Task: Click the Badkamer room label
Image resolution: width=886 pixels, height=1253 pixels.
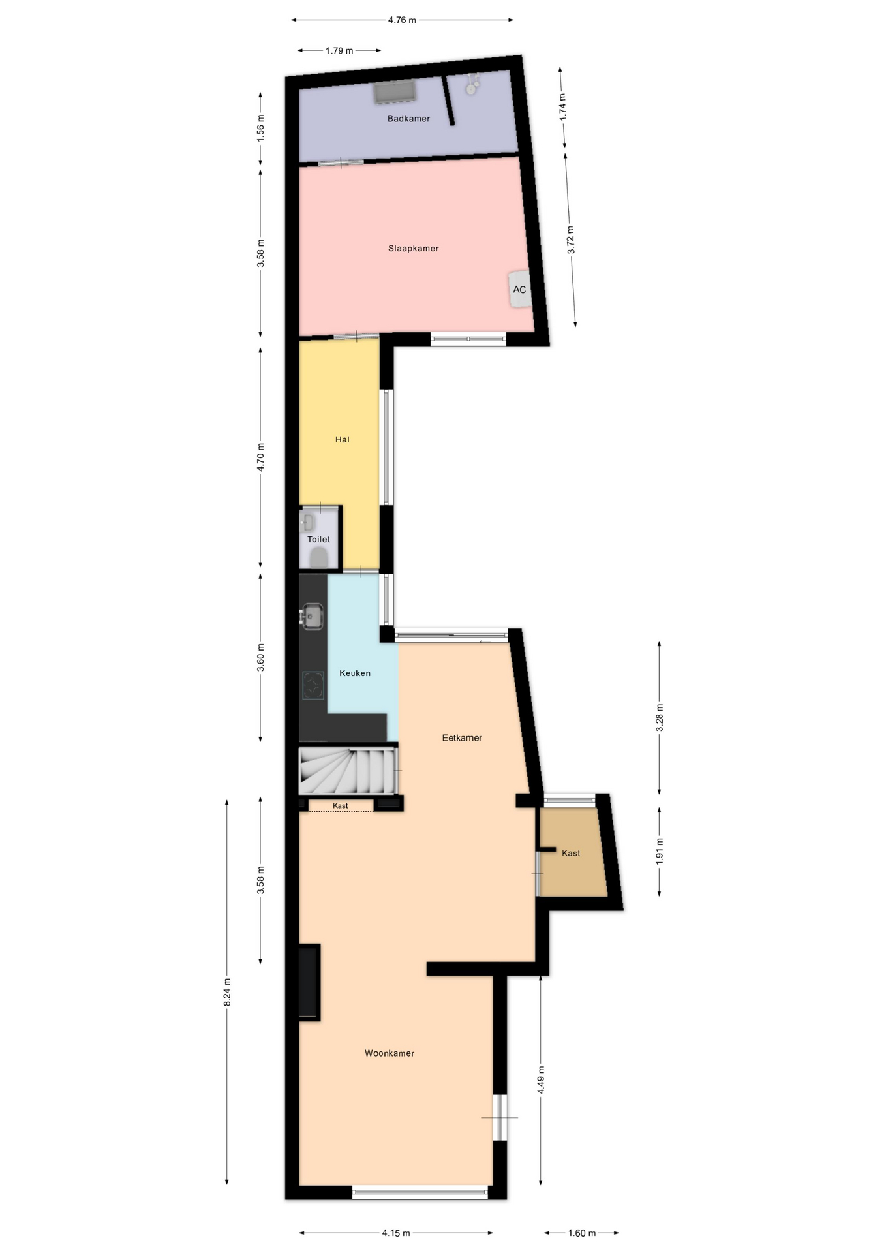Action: (408, 119)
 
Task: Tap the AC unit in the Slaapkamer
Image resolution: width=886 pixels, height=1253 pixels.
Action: (519, 289)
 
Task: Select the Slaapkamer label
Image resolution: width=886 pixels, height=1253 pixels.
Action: (413, 249)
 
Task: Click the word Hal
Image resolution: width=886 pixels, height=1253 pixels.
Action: (343, 440)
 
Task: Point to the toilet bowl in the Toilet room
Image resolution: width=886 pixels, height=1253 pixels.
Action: (318, 557)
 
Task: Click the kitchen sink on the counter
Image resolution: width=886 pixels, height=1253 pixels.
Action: (312, 617)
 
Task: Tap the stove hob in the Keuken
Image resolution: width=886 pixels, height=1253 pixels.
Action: (313, 685)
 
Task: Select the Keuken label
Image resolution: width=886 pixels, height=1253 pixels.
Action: (355, 673)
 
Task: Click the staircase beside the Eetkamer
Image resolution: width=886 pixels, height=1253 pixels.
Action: (348, 770)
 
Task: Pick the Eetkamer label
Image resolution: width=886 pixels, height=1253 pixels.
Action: (462, 738)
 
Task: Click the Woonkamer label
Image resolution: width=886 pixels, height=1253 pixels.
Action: (390, 1053)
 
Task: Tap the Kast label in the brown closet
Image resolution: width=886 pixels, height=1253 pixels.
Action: (571, 854)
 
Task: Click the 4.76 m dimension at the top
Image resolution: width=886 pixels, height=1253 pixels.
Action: (402, 20)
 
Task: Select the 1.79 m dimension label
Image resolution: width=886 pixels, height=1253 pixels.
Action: (339, 51)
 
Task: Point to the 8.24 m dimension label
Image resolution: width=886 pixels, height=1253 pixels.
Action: (227, 992)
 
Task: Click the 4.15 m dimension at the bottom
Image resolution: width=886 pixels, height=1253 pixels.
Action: (396, 1233)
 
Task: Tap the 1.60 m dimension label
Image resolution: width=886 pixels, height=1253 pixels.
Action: (582, 1233)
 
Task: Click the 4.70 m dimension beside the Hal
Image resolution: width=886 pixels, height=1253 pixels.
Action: (260, 457)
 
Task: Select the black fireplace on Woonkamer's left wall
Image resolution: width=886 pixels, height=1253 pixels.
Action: (309, 983)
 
